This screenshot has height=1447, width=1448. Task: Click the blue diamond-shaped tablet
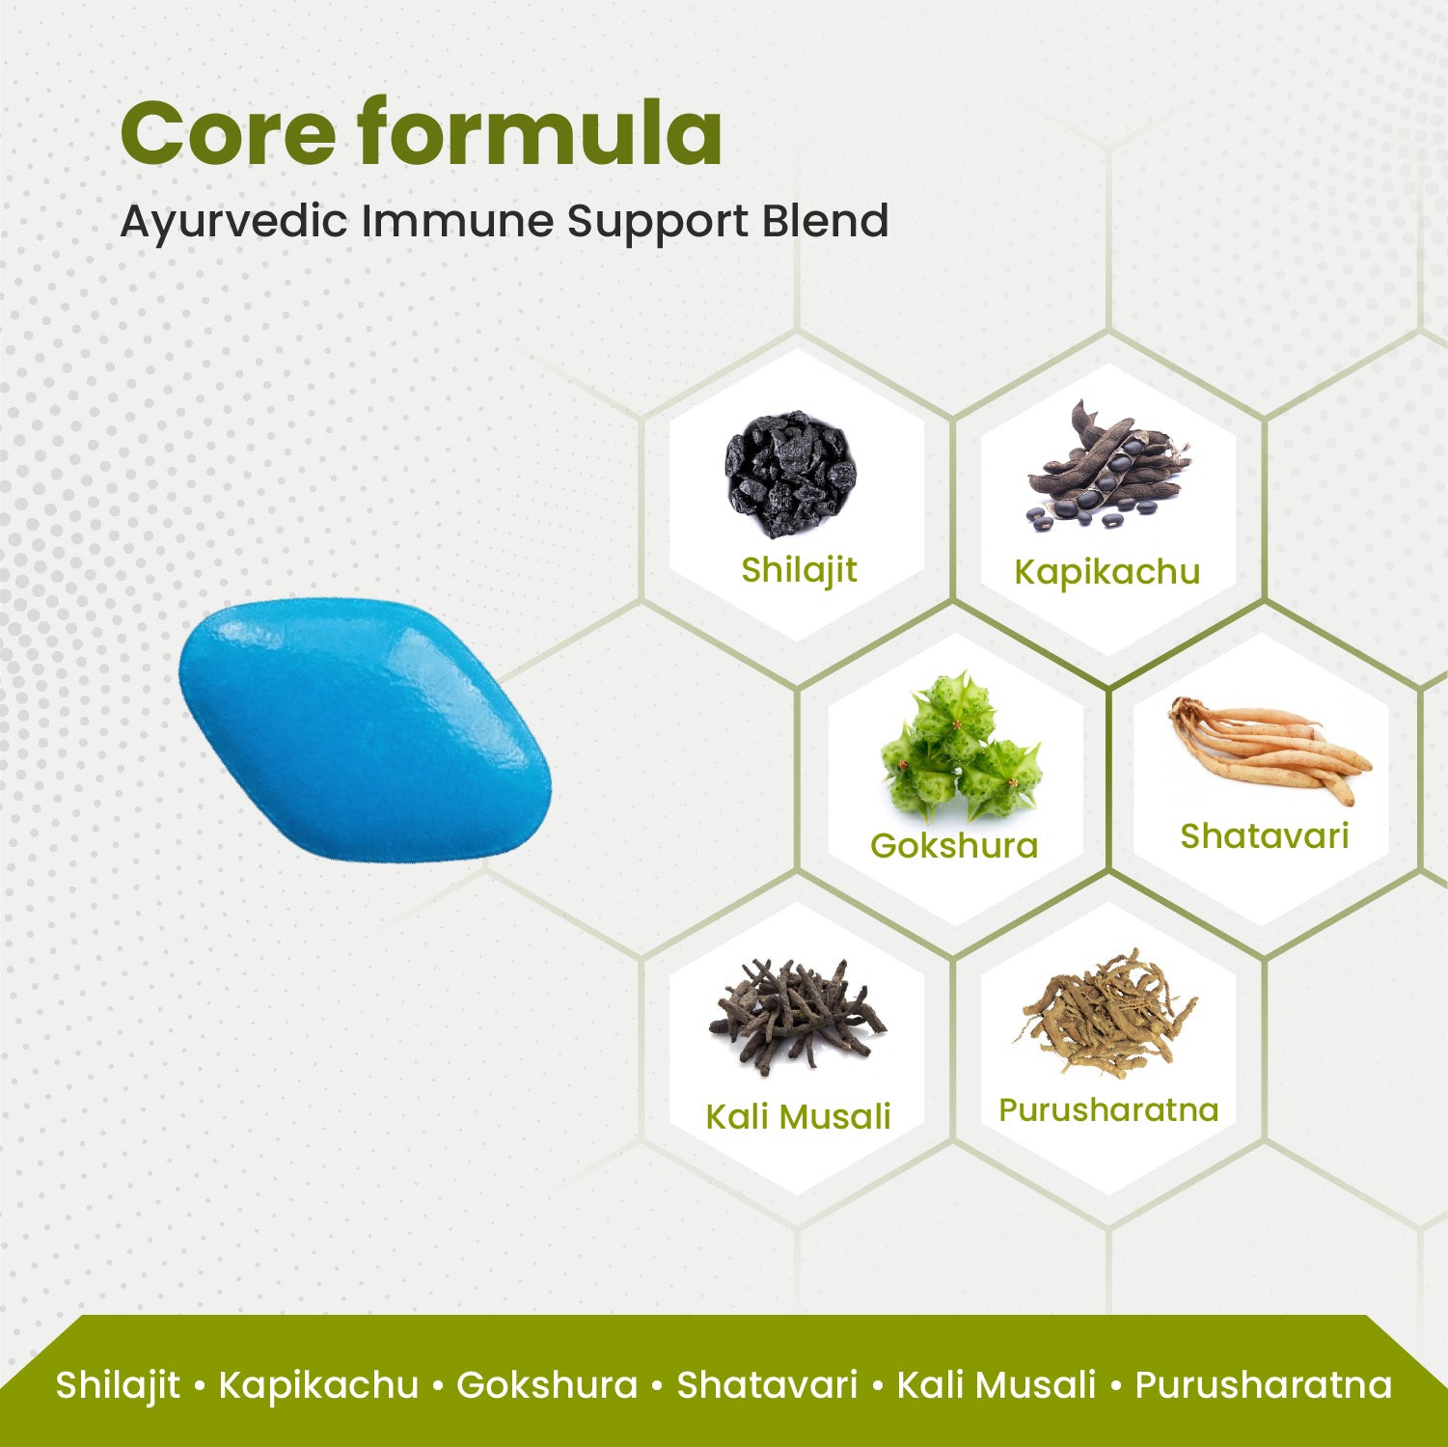(x=365, y=728)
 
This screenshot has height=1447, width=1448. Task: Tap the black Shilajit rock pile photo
(x=791, y=474)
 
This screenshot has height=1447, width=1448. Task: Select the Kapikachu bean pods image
(x=1106, y=467)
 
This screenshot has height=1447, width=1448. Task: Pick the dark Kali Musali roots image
(x=797, y=1012)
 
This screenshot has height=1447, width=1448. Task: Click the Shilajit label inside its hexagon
(x=799, y=570)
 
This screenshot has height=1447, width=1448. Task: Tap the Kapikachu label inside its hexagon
(x=1106, y=572)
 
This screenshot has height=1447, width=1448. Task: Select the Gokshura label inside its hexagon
(x=954, y=846)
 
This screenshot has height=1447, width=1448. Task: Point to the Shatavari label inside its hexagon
(x=1264, y=836)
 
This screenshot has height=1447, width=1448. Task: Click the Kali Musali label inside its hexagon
(x=798, y=1117)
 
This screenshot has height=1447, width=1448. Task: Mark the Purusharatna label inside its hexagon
(x=1108, y=1110)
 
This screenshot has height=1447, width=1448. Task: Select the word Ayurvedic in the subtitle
(x=233, y=222)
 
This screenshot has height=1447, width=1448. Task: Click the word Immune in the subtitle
(x=458, y=221)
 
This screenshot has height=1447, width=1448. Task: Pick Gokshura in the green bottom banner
(x=547, y=1385)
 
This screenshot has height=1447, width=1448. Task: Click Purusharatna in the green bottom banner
(x=1263, y=1385)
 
